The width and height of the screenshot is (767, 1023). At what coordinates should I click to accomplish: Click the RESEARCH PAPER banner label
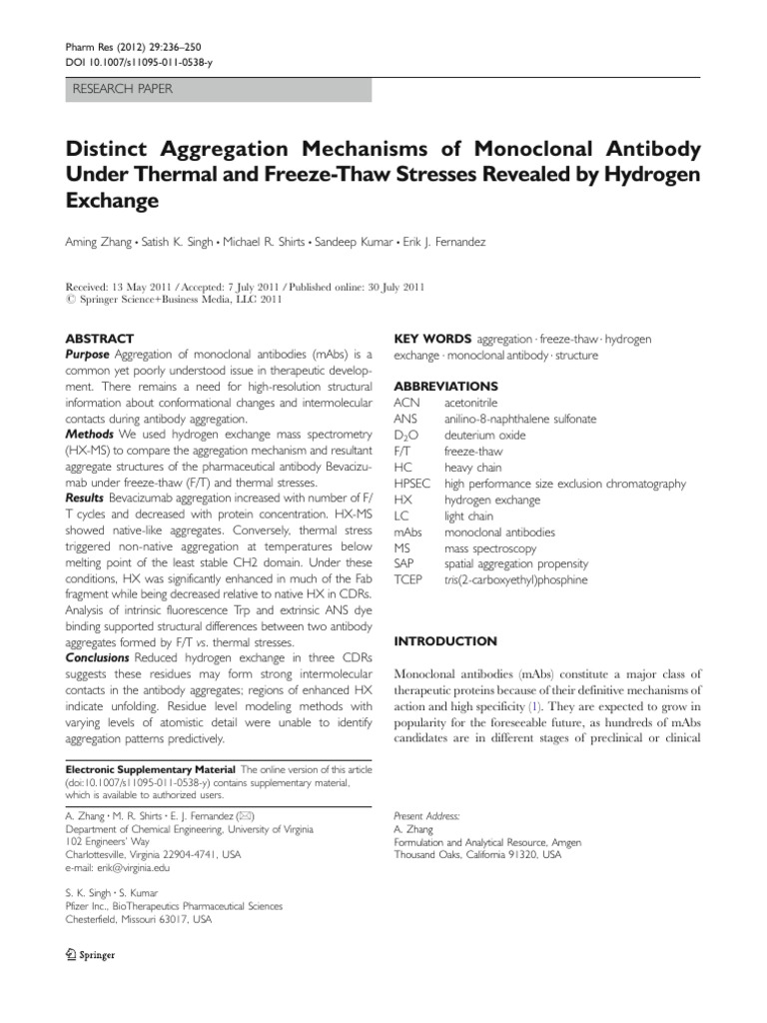click(122, 89)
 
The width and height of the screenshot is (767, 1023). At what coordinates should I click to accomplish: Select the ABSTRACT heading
click(99, 340)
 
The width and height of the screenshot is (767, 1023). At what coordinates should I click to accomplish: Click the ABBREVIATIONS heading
click(446, 386)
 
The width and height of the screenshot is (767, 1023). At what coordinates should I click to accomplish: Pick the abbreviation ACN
click(407, 404)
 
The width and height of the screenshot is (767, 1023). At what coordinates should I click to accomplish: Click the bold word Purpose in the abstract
click(88, 356)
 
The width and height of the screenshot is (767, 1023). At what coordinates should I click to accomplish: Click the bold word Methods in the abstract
click(89, 436)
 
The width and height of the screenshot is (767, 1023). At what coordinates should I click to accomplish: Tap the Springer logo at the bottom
click(89, 954)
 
